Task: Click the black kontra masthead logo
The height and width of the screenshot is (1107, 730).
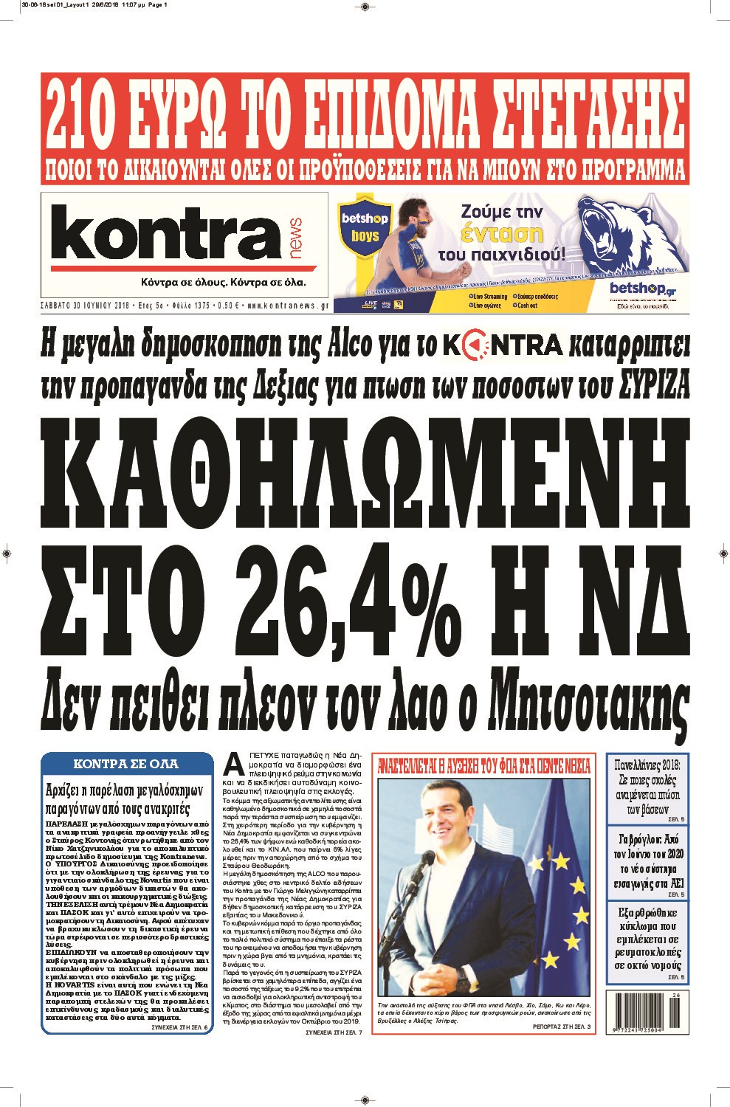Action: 165,234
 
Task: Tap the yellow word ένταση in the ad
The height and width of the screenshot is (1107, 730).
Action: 502,235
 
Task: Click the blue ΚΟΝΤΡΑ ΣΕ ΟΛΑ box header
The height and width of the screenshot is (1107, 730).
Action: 125,764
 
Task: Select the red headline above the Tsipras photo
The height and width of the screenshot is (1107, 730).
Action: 484,766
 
